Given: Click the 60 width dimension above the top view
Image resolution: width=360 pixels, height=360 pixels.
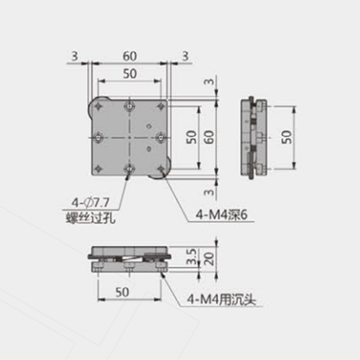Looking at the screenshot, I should pyautogui.click(x=130, y=55).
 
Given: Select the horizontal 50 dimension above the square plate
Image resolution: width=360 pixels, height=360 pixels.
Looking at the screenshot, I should pyautogui.click(x=130, y=73).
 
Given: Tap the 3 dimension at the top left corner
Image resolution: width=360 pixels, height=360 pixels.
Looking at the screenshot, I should pyautogui.click(x=73, y=55).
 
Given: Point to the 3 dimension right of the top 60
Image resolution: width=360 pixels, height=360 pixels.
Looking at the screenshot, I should pyautogui.click(x=185, y=55).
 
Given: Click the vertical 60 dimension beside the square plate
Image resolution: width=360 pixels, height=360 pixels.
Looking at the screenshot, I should pyautogui.click(x=209, y=137).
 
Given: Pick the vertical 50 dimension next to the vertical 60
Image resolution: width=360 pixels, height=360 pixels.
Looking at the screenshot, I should pyautogui.click(x=191, y=137).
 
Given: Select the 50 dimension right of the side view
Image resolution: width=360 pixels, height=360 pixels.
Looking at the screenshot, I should pyautogui.click(x=287, y=137).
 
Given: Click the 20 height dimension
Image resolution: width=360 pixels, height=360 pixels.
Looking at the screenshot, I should pyautogui.click(x=208, y=258).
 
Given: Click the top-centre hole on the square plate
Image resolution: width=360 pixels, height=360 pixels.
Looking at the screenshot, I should pyautogui.click(x=129, y=107).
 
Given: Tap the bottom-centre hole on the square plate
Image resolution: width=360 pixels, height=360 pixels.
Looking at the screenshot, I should pyautogui.click(x=129, y=168).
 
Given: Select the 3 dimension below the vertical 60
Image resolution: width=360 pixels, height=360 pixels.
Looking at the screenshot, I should pyautogui.click(x=209, y=192).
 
